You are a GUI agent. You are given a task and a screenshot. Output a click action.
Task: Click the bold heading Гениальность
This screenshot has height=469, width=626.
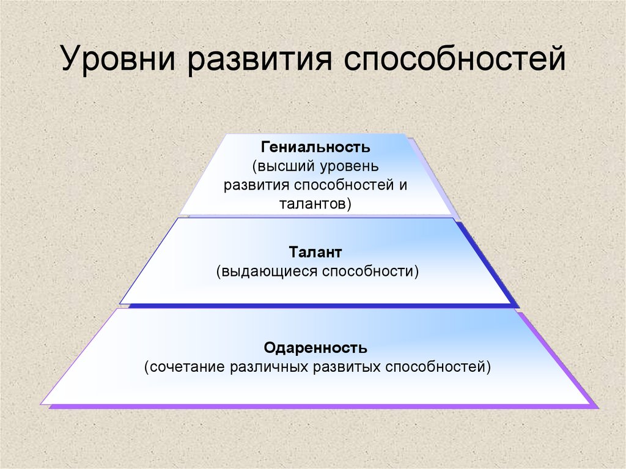pos(315,147)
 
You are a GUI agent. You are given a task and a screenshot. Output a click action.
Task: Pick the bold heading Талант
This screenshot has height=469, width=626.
pos(315,252)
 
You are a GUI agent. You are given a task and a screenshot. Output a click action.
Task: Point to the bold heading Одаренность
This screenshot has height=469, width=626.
pos(315,347)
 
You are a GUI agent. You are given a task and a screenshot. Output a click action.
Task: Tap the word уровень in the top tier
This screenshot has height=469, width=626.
pos(346,166)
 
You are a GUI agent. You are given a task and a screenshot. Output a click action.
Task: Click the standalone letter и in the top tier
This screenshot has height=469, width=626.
pos(403,185)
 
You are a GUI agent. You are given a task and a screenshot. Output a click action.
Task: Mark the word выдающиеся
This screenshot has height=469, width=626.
pos(267,271)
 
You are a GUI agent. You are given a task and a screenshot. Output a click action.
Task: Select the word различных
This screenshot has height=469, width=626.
pos(270,367)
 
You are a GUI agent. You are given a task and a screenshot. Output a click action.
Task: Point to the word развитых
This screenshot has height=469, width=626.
pos(347,367)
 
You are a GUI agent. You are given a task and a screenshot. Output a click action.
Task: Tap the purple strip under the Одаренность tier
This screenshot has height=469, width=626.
pos(323,406)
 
